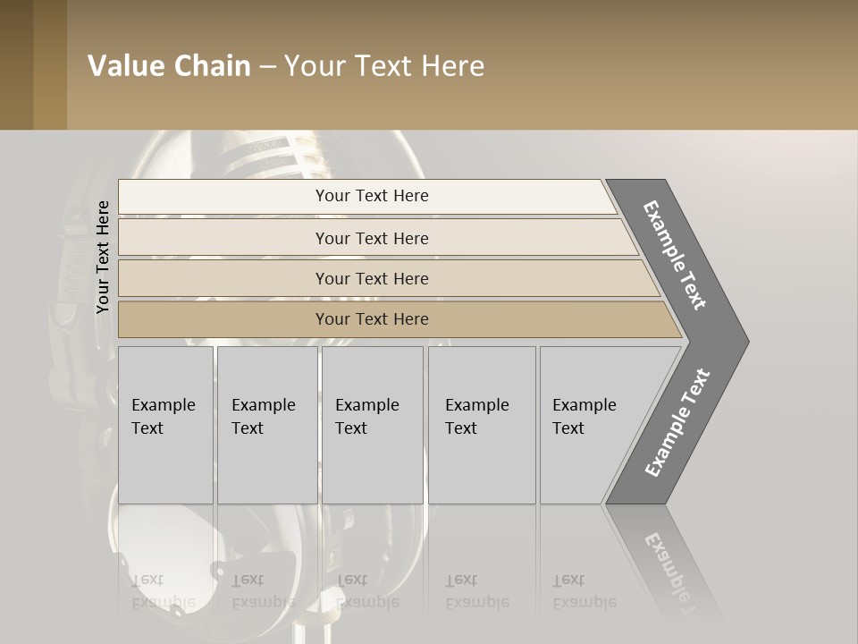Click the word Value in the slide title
coord(124,66)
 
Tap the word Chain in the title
coord(213,66)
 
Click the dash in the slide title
coord(267,67)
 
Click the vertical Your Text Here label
coord(103,258)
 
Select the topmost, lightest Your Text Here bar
coord(371,196)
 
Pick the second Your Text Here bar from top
coord(371,238)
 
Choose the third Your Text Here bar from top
coord(371,278)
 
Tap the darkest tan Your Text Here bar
coord(371,319)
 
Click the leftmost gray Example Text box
coord(165,425)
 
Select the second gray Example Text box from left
coord(266,425)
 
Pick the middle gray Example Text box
coord(372,425)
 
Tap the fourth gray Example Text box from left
coord(482,425)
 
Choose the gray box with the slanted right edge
coord(590,425)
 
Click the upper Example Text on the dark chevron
coord(676,255)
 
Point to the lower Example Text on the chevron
coord(677,423)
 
